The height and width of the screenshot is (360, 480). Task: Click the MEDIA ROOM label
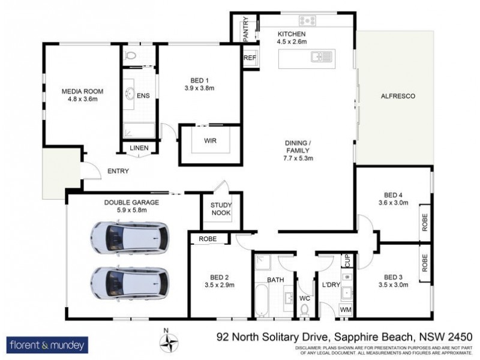click(x=83, y=91)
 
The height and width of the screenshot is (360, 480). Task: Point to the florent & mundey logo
click(x=47, y=344)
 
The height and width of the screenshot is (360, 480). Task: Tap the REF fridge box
click(x=249, y=58)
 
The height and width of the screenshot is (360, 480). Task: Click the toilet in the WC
click(x=305, y=309)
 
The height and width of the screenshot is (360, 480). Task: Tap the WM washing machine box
click(x=346, y=309)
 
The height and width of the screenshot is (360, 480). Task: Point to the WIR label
click(x=210, y=141)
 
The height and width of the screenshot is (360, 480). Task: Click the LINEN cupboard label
click(x=140, y=148)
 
